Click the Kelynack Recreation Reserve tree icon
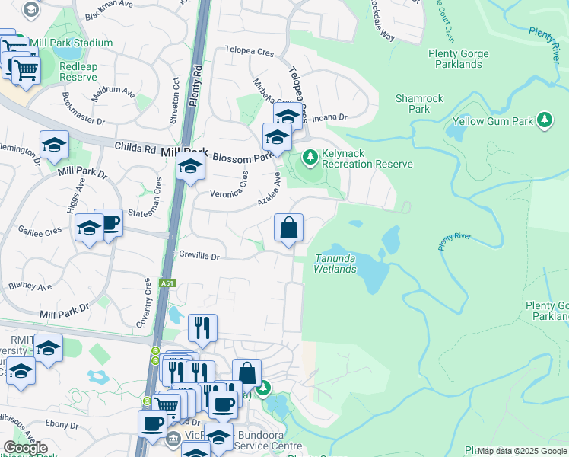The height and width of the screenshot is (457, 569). click(310, 158)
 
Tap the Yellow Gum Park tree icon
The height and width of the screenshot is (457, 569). click(545, 120)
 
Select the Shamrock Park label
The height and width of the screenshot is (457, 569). click(413, 104)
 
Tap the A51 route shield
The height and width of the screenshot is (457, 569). click(167, 283)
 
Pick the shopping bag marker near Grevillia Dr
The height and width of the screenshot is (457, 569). click(289, 228)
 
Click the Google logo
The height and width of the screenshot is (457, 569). click(25, 448)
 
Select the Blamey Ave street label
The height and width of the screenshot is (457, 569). click(30, 287)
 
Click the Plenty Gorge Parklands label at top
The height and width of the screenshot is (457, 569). click(455, 59)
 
